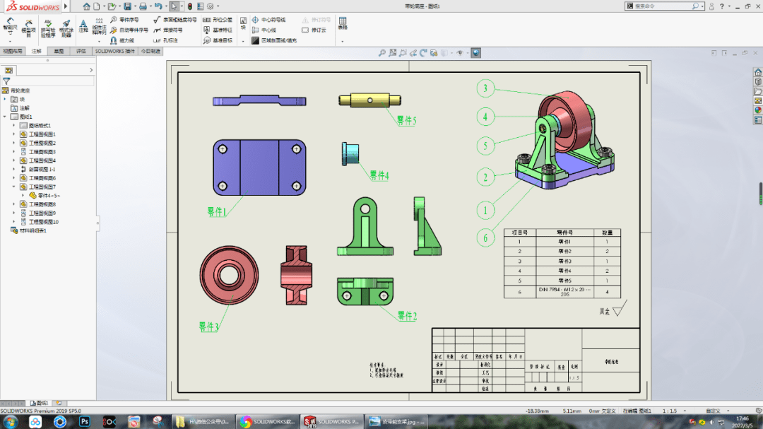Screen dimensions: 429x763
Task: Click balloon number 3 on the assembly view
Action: (x=485, y=88)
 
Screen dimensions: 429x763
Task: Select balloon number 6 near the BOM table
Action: (x=485, y=237)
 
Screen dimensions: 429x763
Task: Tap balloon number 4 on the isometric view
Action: (x=485, y=117)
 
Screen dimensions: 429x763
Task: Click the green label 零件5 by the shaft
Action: (x=406, y=121)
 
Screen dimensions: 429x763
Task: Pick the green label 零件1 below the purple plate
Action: (x=217, y=211)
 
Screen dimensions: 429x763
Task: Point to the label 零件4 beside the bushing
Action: (x=379, y=175)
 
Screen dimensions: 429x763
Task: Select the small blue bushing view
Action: (x=351, y=153)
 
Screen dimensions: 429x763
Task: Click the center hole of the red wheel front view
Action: (x=230, y=274)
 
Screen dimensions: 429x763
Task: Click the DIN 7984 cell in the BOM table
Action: (x=564, y=291)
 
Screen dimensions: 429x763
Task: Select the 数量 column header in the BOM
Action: (x=607, y=232)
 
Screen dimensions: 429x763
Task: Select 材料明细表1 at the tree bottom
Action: (x=32, y=230)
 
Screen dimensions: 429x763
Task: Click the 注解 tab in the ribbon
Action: (x=36, y=51)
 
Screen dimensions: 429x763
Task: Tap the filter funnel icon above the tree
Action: (x=6, y=81)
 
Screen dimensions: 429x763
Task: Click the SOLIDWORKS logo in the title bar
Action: (x=32, y=6)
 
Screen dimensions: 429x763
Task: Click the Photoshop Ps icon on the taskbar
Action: (x=84, y=421)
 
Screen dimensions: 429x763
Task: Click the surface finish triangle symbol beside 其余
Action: (x=620, y=310)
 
